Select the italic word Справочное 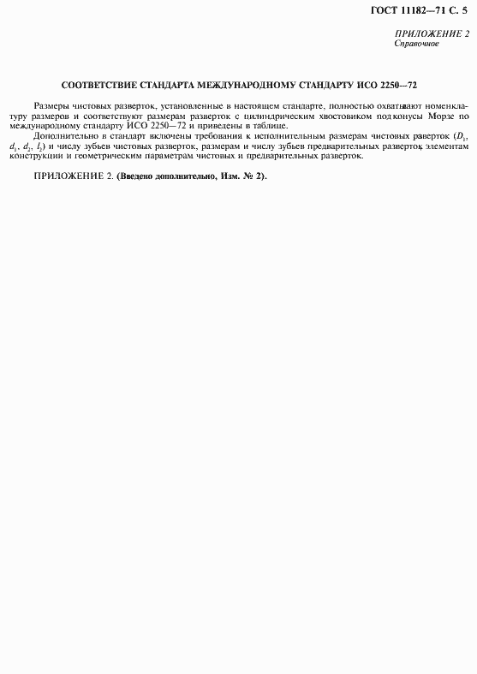click(416, 43)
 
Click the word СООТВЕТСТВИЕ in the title click(100, 86)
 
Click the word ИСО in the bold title click(370, 86)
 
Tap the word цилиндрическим click(278, 115)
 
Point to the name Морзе click(439, 115)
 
